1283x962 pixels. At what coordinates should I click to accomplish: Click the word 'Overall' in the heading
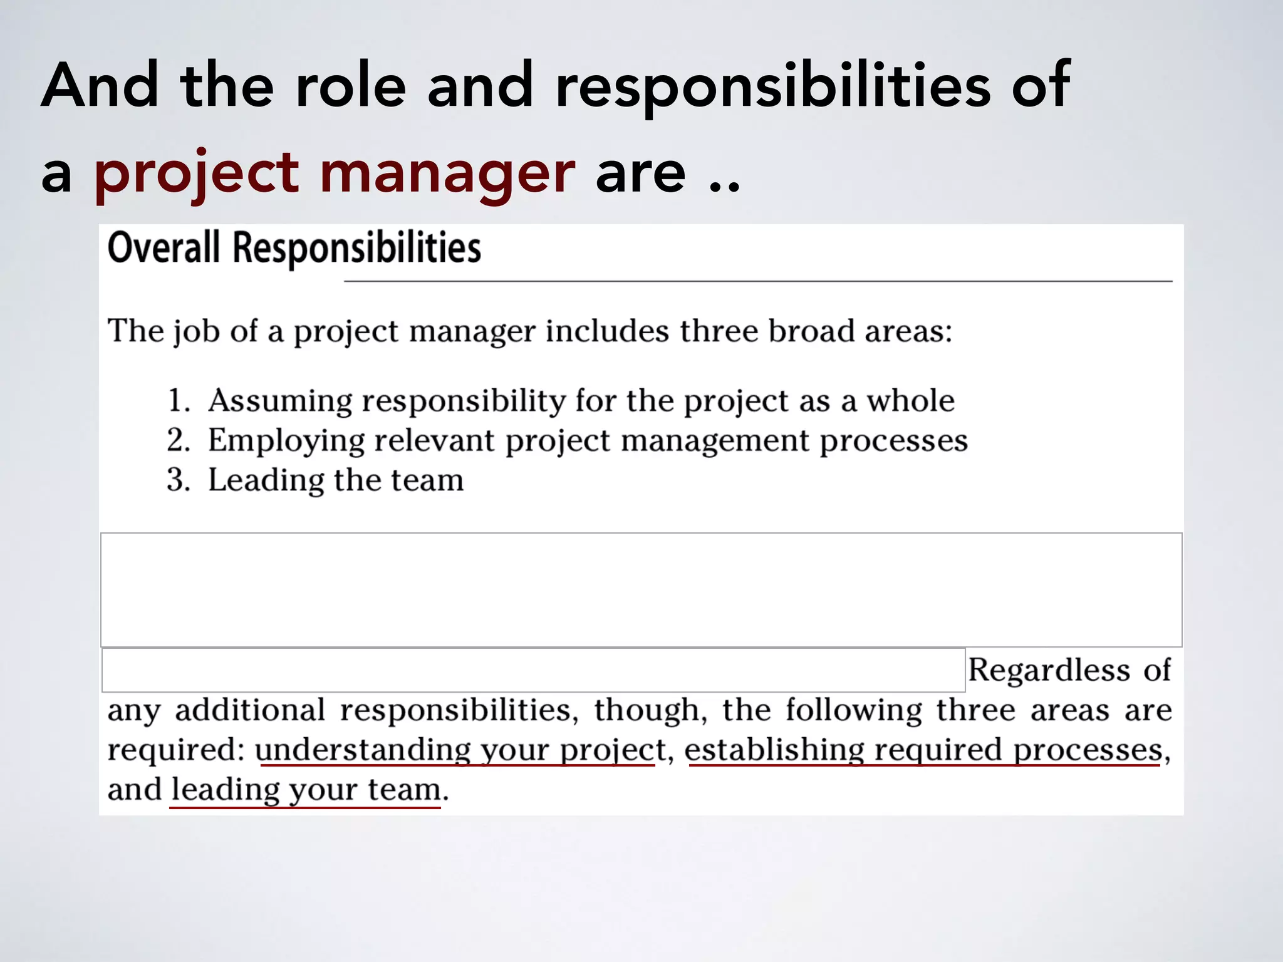tap(164, 248)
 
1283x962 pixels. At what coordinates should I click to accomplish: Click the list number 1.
tap(178, 401)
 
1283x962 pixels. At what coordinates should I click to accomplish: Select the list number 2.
tap(178, 440)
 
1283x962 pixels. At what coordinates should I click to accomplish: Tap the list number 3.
tap(178, 480)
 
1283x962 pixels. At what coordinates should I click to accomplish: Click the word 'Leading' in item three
tap(265, 481)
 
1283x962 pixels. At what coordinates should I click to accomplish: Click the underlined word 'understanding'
tap(362, 750)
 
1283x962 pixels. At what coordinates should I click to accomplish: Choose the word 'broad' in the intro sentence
tap(811, 331)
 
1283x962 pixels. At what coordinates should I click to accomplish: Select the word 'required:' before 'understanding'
tap(175, 750)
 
